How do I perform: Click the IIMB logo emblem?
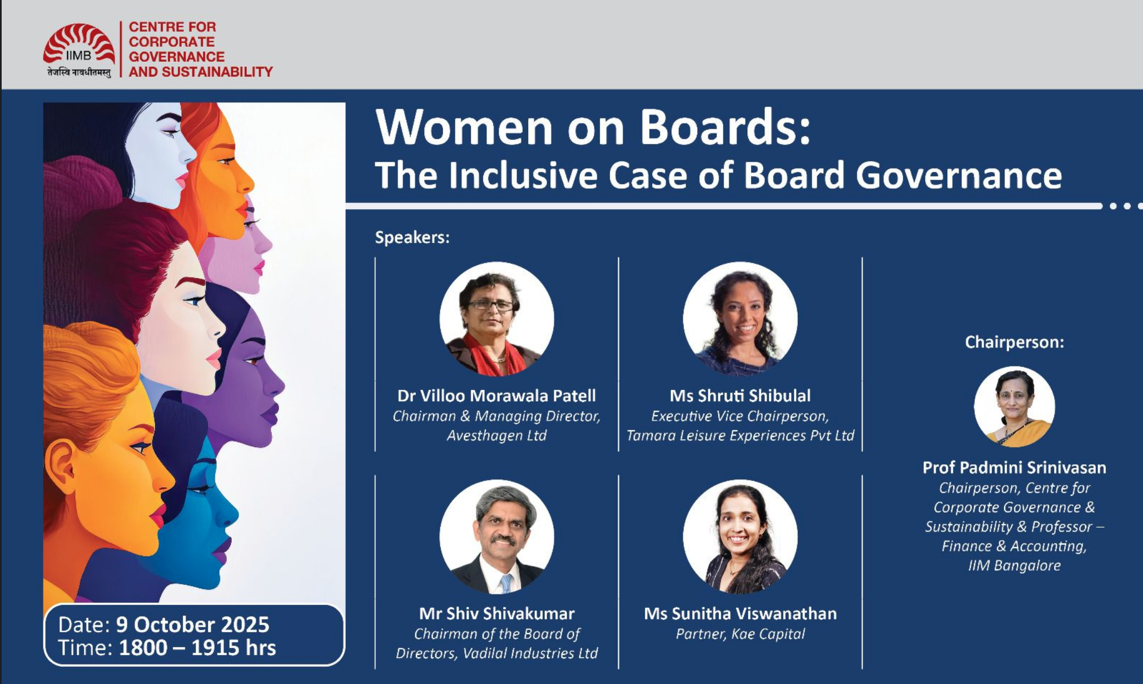(x=79, y=44)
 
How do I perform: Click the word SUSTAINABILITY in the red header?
(x=217, y=72)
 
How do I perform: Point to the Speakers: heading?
(x=412, y=237)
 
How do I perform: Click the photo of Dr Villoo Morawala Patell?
(x=496, y=319)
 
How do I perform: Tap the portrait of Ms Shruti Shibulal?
(x=740, y=319)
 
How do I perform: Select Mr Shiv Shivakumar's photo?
(x=496, y=537)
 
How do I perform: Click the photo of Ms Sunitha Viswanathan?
(x=740, y=537)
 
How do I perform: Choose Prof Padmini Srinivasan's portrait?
(x=1014, y=407)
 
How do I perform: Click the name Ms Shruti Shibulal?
(x=740, y=395)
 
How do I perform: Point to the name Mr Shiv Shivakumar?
(x=496, y=613)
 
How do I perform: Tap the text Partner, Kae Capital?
(x=740, y=634)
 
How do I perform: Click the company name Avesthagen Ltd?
(x=496, y=435)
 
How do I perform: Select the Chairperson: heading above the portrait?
(x=1014, y=342)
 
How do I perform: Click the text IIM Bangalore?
(x=1014, y=566)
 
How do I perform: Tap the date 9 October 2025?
(x=192, y=624)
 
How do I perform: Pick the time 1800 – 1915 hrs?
(x=197, y=648)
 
